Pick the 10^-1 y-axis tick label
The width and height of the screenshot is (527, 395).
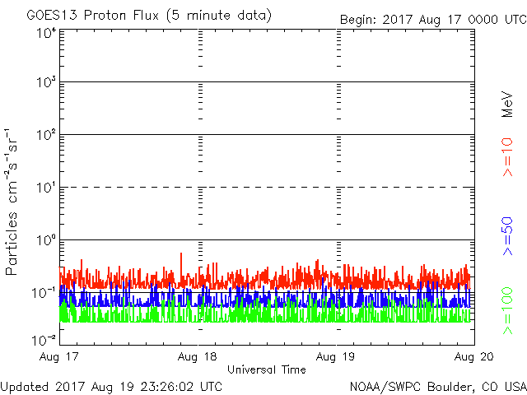pos(44,293)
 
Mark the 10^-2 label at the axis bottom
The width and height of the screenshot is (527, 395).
pos(44,340)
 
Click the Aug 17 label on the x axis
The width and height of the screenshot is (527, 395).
pos(58,356)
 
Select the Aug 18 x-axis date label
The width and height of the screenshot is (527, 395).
pos(198,356)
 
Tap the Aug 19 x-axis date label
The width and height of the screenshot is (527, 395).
pos(335,356)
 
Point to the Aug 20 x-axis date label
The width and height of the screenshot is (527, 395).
pos(473,356)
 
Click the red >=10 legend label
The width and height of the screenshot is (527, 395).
pos(507,157)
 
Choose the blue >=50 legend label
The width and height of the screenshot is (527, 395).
pos(507,236)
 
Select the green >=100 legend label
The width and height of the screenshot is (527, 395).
pos(507,311)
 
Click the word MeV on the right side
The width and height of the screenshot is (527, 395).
pos(507,105)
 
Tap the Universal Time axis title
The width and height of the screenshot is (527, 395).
pos(267,369)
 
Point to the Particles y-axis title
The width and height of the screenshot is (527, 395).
pos(11,244)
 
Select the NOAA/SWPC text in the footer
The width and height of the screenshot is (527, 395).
pos(385,387)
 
